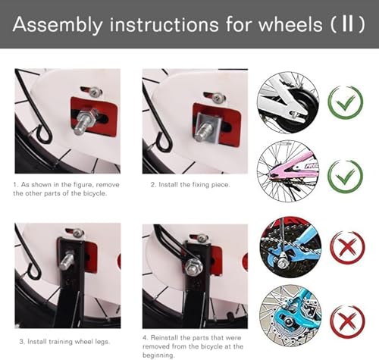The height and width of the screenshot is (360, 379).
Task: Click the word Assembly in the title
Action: (x=55, y=24)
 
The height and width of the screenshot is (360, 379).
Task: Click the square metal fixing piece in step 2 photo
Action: (x=208, y=121)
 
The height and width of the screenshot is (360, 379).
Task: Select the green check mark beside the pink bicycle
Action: (x=345, y=174)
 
